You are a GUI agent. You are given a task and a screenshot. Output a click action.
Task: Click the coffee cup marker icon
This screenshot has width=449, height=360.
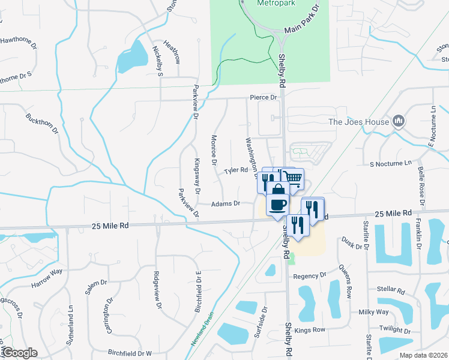click(x=277, y=205)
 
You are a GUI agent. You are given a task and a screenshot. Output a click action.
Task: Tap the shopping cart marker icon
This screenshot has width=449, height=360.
click(x=292, y=178)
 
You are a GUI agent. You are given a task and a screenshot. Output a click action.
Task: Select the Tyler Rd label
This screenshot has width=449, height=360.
click(x=236, y=170)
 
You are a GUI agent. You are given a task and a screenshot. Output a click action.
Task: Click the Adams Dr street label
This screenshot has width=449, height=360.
click(x=226, y=204)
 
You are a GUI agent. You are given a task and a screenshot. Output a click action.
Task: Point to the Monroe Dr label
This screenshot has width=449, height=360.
click(x=214, y=149)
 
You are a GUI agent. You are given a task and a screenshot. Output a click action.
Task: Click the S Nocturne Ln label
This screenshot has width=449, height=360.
click(x=391, y=163)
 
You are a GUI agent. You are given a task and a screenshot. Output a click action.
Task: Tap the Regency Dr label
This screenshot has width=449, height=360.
click(x=310, y=276)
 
